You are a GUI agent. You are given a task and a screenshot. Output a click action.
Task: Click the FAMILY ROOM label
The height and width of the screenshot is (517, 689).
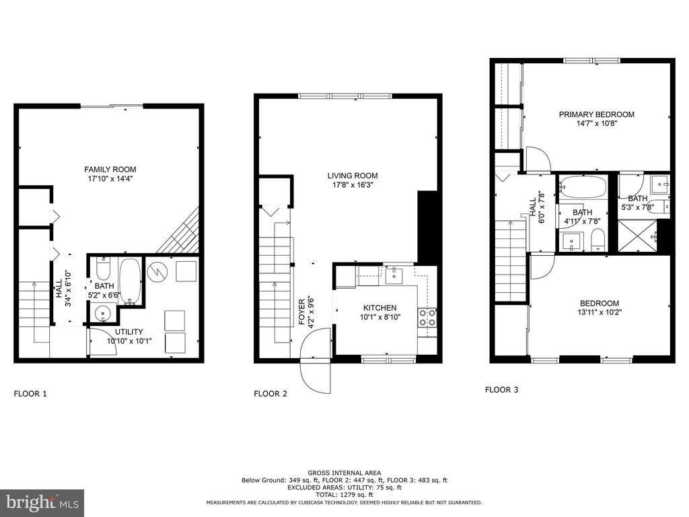pyautogui.click(x=110, y=169)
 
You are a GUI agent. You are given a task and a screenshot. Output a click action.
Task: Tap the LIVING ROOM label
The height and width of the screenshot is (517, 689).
pyautogui.click(x=353, y=176)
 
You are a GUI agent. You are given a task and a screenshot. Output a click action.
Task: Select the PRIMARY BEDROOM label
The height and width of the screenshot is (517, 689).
pyautogui.click(x=596, y=114)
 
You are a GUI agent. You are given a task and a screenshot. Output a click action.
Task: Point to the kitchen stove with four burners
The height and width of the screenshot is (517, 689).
pyautogui.click(x=427, y=318)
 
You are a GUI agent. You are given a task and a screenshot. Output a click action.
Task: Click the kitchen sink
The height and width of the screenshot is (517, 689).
pyautogui.click(x=394, y=275)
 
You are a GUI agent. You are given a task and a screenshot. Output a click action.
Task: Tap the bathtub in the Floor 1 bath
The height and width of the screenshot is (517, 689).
pyautogui.click(x=130, y=281)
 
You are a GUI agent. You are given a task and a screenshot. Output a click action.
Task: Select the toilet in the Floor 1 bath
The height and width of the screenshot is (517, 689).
pyautogui.click(x=103, y=269)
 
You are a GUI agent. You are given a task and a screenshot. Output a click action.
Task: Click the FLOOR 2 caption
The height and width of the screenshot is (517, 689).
pyautogui.click(x=270, y=394)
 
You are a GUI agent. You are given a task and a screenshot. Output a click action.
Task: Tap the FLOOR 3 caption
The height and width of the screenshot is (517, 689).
pyautogui.click(x=501, y=390)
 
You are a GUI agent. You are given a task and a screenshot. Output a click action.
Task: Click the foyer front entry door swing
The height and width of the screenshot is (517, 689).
pyautogui.click(x=315, y=361)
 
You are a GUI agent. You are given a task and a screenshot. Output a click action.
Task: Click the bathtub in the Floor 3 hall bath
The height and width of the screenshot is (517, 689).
pyautogui.click(x=583, y=187)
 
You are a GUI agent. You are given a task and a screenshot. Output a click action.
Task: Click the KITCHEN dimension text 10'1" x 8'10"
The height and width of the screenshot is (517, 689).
pyautogui.click(x=380, y=317)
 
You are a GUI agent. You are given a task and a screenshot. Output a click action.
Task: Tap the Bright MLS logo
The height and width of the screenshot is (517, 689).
pyautogui.click(x=42, y=502)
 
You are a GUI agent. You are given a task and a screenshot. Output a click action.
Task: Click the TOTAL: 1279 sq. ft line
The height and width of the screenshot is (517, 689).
pyautogui.click(x=344, y=495)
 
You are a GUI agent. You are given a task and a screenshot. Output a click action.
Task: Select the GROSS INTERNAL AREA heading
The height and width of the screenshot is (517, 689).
pyautogui.click(x=344, y=473)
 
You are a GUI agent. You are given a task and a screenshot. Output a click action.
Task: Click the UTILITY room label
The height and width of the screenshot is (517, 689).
pyautogui.click(x=129, y=332)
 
